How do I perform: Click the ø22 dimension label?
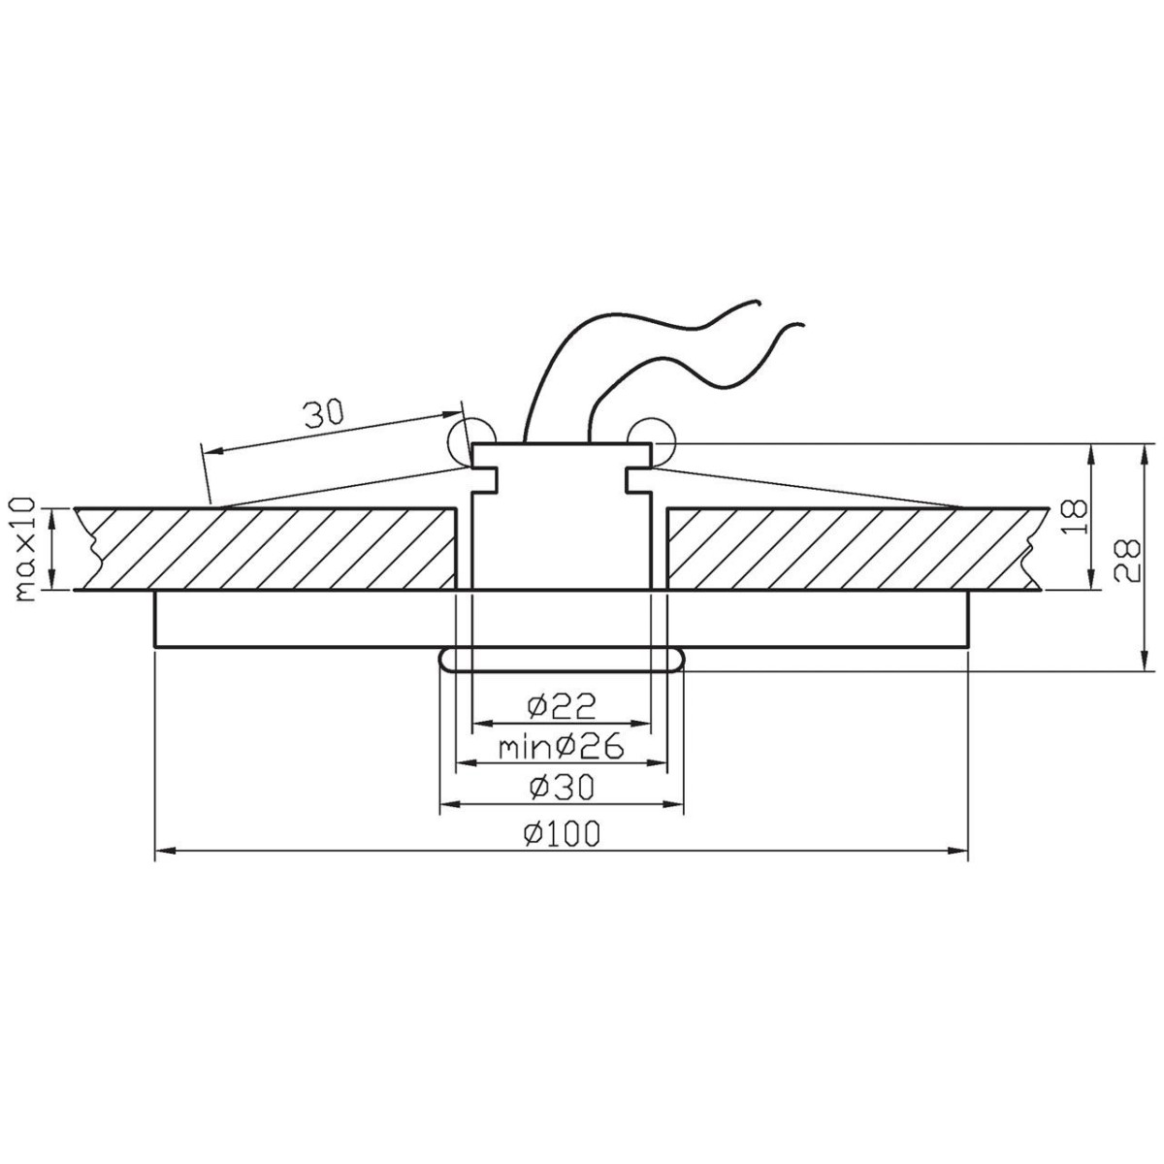(x=561, y=703)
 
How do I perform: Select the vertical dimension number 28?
(x=1126, y=561)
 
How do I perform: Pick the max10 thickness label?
(x=25, y=548)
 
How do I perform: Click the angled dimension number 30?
(x=323, y=414)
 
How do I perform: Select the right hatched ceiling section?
(x=854, y=548)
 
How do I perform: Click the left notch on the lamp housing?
(x=485, y=479)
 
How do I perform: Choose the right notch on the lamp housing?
(x=637, y=479)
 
